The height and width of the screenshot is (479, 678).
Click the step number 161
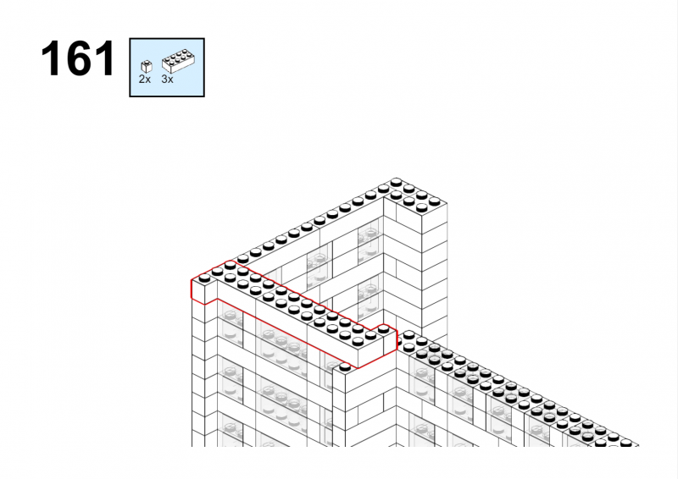tap(78, 58)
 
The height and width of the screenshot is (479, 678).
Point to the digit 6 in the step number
tap(78, 58)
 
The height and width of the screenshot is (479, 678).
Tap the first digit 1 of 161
tap(52, 58)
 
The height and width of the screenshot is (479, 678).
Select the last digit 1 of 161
tap(106, 58)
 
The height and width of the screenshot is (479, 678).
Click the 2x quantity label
tap(144, 79)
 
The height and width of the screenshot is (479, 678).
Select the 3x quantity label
tap(167, 79)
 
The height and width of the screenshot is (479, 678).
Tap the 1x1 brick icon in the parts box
tap(147, 67)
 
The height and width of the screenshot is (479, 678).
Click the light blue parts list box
tap(167, 68)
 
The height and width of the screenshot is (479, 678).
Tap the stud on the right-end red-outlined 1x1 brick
tap(383, 328)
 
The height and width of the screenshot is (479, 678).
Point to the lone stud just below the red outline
tap(345, 367)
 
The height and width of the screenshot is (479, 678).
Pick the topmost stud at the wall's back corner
tap(396, 182)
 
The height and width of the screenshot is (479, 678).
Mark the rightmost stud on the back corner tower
tap(435, 201)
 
